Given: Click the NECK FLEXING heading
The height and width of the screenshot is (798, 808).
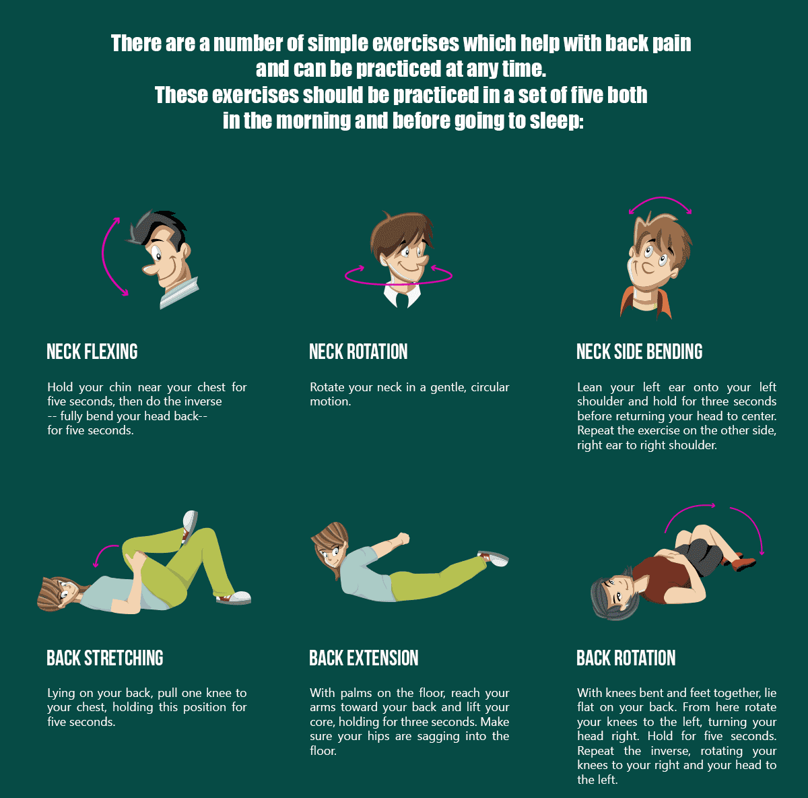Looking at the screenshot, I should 92,352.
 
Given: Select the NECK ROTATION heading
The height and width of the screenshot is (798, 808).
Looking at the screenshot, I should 358,352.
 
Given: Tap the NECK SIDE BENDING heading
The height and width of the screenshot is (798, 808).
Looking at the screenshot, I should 639,352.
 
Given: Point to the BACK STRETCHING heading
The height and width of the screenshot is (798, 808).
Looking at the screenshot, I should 105,658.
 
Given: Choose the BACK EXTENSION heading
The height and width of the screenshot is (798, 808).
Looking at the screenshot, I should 364,658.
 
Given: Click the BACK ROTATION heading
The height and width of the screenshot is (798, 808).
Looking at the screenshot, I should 626,658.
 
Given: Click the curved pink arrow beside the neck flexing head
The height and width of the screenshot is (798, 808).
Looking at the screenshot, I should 106,256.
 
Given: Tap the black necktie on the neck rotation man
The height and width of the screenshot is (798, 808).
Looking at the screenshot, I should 401,297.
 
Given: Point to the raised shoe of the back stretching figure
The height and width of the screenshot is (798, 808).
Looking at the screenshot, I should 190,523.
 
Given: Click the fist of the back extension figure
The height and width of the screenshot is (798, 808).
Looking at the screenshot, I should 403,539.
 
